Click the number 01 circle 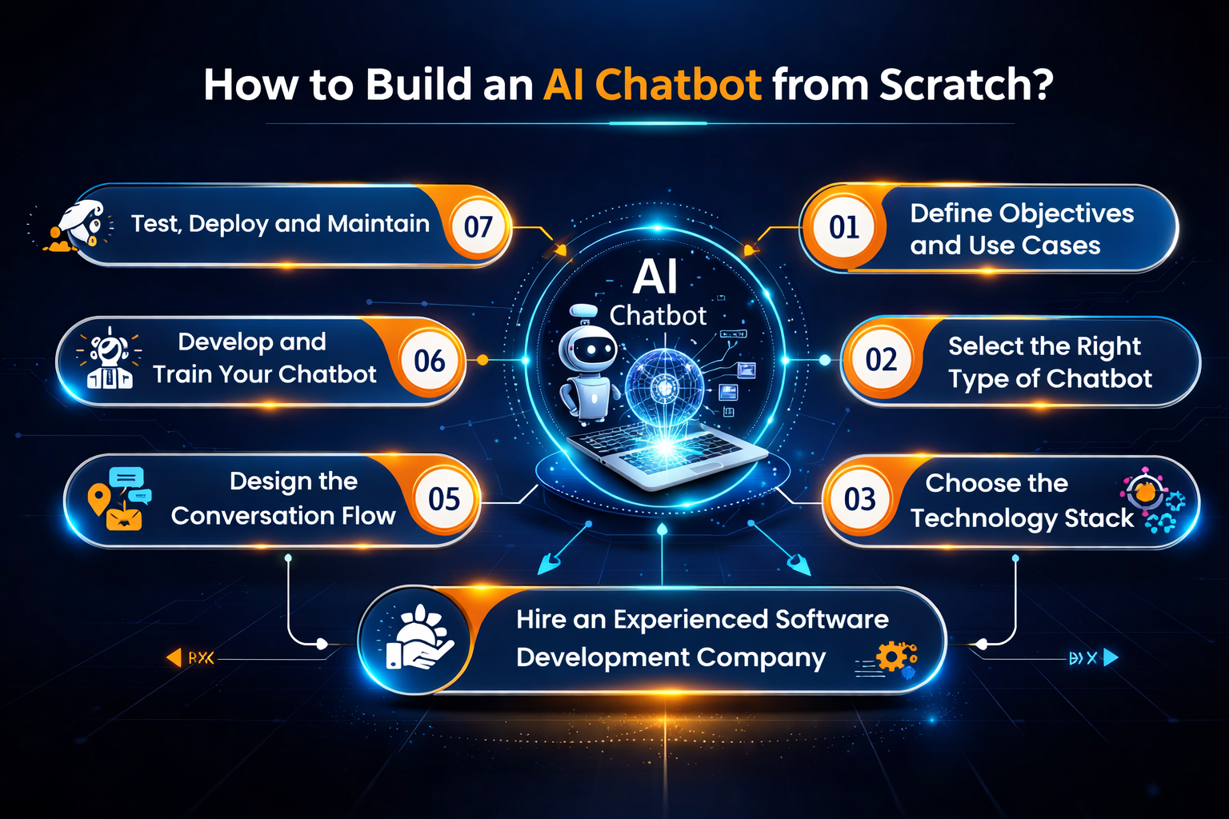point(844,228)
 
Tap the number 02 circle point(881,360)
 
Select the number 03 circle point(860,500)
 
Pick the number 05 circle point(444,500)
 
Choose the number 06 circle point(430,362)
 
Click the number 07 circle point(478,227)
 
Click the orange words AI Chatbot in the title point(652,85)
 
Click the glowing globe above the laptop point(664,388)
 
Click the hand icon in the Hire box point(418,640)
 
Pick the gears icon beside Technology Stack point(1154,501)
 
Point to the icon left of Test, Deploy point(78,226)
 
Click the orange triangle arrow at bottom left point(174,657)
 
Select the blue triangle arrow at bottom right point(1111,657)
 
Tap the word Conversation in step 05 point(253,516)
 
